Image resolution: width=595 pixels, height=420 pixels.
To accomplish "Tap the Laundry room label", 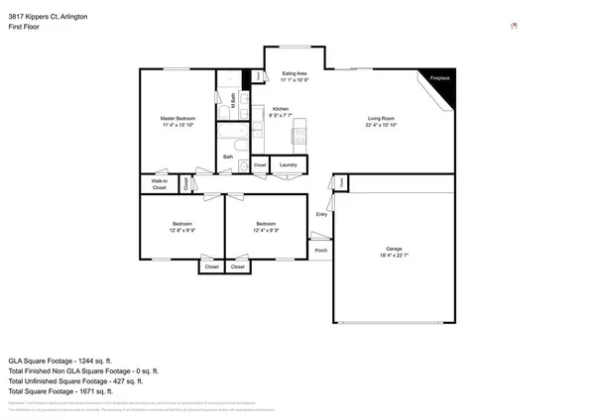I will coord(289,164).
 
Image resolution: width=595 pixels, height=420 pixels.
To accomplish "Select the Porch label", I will coord(321,250).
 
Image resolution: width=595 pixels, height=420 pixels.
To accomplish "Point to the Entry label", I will coord(321,214).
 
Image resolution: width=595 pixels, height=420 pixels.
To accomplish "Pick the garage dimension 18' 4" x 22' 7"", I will coord(394,256).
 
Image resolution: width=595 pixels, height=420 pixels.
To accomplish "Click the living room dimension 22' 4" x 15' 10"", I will coord(381,126).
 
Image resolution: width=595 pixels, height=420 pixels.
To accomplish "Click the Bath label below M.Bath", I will coord(228,157).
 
